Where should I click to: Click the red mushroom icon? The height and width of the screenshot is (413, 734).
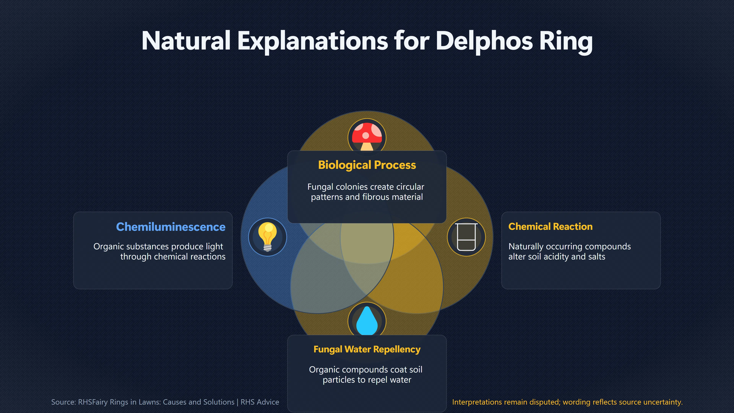tap(367, 137)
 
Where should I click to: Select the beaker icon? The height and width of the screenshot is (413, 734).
tap(466, 237)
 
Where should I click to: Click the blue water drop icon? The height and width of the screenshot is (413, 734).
tap(367, 320)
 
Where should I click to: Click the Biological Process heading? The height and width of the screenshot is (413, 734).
tap(367, 165)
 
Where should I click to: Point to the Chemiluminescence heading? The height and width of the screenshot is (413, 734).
tap(171, 227)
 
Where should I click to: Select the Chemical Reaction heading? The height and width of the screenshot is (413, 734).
tap(550, 227)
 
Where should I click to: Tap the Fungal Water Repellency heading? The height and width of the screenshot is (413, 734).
tap(367, 350)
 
